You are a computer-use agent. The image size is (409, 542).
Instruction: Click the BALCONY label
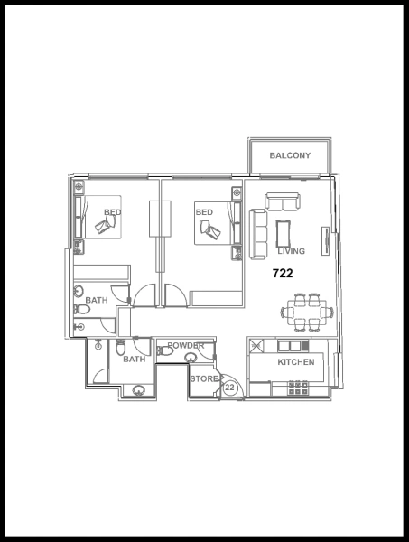(x=290, y=156)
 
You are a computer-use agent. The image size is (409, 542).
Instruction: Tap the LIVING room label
(x=291, y=251)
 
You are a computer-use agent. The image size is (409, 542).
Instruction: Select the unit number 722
(x=283, y=271)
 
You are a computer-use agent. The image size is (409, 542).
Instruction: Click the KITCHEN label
(x=295, y=361)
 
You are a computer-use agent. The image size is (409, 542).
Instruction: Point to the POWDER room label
(x=185, y=346)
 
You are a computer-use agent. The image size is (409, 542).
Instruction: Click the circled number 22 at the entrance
(x=229, y=387)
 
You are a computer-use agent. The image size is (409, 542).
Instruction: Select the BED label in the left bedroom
(x=112, y=213)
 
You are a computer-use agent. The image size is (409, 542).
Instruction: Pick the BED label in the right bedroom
(x=204, y=213)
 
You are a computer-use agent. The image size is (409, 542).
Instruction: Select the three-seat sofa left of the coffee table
(x=258, y=232)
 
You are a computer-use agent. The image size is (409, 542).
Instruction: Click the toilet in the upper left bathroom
(x=83, y=310)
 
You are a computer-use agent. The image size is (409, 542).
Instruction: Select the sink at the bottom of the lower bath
(x=138, y=391)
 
